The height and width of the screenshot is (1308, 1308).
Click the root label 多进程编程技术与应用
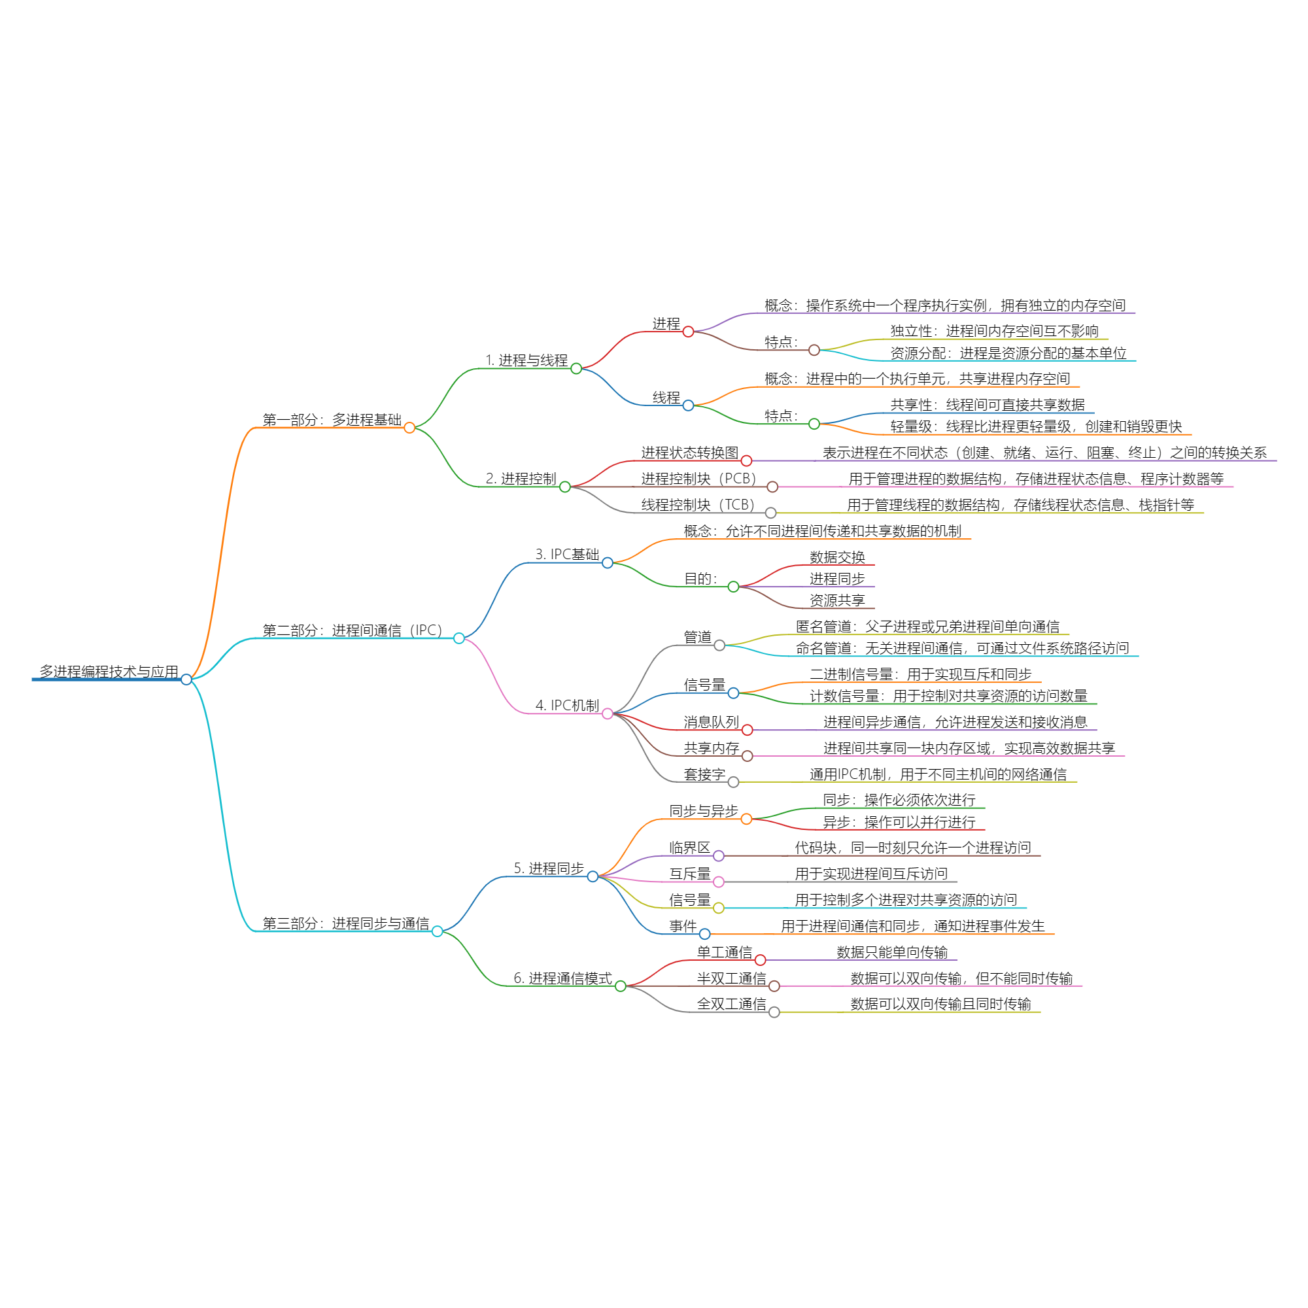coord(109,672)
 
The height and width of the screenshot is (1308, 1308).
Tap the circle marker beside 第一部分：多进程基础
coord(409,427)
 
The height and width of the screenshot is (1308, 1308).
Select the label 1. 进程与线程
coord(526,360)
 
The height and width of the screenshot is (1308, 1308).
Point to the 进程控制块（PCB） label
coord(698,479)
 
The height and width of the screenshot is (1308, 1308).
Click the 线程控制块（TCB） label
coord(697,505)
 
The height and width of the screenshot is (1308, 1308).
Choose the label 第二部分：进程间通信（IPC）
coord(352,630)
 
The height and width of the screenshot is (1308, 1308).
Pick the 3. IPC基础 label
coord(566,555)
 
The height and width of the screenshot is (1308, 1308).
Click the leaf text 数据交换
coord(837,557)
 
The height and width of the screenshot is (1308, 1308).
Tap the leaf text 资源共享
coord(837,600)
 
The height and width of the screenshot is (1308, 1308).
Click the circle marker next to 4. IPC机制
coord(608,714)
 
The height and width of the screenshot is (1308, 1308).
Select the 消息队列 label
coord(711,722)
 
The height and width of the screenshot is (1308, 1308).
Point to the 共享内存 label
coord(711,748)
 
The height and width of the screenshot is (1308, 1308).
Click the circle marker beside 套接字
coord(733,783)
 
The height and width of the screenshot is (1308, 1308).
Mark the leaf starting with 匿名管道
coord(927,627)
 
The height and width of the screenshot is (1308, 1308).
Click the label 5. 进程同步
coord(549,869)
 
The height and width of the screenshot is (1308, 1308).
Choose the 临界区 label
coord(689,848)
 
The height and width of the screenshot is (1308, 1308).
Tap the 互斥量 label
coord(689,874)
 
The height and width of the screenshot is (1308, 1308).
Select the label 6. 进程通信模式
coord(562,978)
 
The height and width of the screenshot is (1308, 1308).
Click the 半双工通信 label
coord(731,978)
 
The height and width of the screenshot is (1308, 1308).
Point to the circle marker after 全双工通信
coord(774,1012)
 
